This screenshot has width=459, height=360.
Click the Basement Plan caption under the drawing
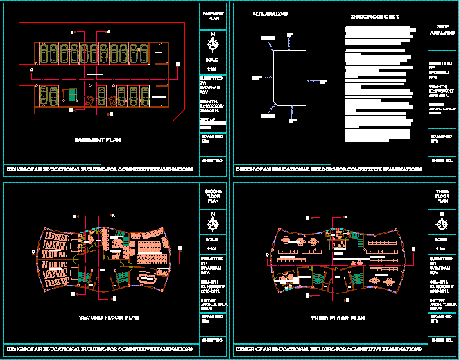click(97, 140)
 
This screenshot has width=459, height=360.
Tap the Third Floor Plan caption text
click(338, 318)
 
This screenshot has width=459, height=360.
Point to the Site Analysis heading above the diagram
click(270, 13)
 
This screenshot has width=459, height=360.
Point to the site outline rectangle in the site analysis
click(290, 76)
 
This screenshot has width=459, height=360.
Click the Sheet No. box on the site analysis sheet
click(441, 160)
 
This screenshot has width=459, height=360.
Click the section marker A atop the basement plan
click(108, 31)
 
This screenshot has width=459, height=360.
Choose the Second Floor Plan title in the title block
click(214, 196)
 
